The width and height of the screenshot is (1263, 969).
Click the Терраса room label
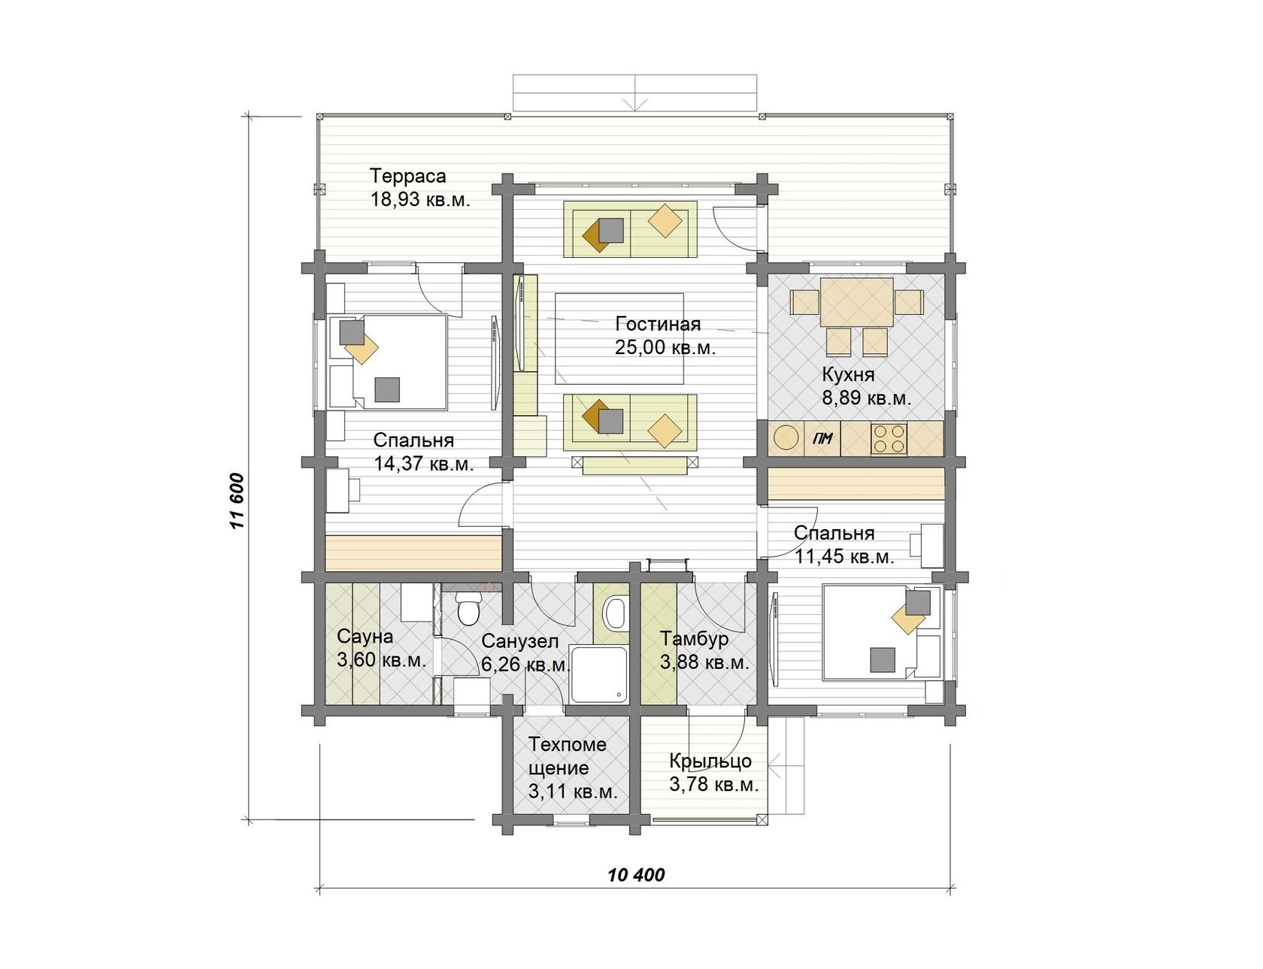(x=407, y=176)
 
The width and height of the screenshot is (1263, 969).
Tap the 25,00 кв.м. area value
(x=665, y=348)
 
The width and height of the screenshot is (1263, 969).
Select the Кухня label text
(x=848, y=374)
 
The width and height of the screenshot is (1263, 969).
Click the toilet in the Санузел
(x=468, y=608)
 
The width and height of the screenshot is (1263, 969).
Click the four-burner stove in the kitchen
(x=889, y=439)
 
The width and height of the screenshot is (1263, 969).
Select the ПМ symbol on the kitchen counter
(x=822, y=438)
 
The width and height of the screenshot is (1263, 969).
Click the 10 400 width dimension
(x=636, y=875)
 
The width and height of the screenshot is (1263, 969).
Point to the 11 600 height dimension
(x=237, y=501)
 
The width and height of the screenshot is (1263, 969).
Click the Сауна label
(x=365, y=637)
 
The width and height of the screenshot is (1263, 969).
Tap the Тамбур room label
(x=694, y=639)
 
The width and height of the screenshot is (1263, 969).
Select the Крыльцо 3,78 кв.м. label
(x=713, y=773)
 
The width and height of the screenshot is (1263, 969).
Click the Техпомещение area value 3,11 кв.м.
(x=573, y=792)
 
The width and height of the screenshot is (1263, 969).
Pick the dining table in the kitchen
(x=856, y=302)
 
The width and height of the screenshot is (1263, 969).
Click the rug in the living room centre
(x=619, y=338)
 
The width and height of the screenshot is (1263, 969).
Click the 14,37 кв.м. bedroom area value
(x=424, y=464)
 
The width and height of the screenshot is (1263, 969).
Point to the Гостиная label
(x=658, y=324)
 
